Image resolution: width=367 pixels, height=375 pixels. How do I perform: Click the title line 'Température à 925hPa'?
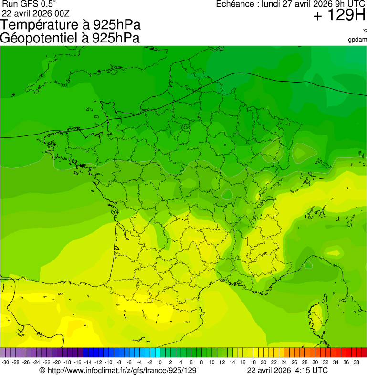point(71,25)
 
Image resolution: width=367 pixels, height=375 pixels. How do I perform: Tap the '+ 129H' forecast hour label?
point(339,16)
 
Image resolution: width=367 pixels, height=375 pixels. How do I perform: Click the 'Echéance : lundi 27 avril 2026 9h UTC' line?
point(291,4)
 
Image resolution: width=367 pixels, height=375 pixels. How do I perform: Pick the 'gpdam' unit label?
point(357,39)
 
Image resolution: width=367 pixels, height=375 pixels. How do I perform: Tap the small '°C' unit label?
point(364,31)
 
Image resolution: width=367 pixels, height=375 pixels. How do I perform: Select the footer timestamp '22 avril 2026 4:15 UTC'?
point(287,370)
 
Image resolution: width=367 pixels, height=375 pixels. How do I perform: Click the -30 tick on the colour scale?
point(5,362)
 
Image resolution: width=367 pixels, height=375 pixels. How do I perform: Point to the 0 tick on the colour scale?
point(160,362)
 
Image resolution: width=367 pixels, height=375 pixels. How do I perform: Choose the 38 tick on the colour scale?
point(357,362)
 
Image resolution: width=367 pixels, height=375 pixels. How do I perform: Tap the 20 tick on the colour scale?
point(263,362)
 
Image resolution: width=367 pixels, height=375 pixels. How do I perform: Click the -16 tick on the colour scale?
point(77,362)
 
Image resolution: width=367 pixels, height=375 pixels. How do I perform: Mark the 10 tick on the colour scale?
point(212,362)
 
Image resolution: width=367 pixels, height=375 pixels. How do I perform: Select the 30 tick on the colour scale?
point(315,362)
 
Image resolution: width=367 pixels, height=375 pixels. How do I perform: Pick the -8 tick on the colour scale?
point(119,362)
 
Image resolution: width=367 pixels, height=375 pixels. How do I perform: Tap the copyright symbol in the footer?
point(42,370)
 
